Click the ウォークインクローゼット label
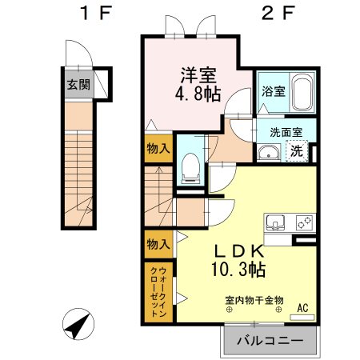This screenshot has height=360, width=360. (x=157, y=292)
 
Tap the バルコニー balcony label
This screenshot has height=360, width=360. (x=270, y=342)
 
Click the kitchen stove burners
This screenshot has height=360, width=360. (x=303, y=221)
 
